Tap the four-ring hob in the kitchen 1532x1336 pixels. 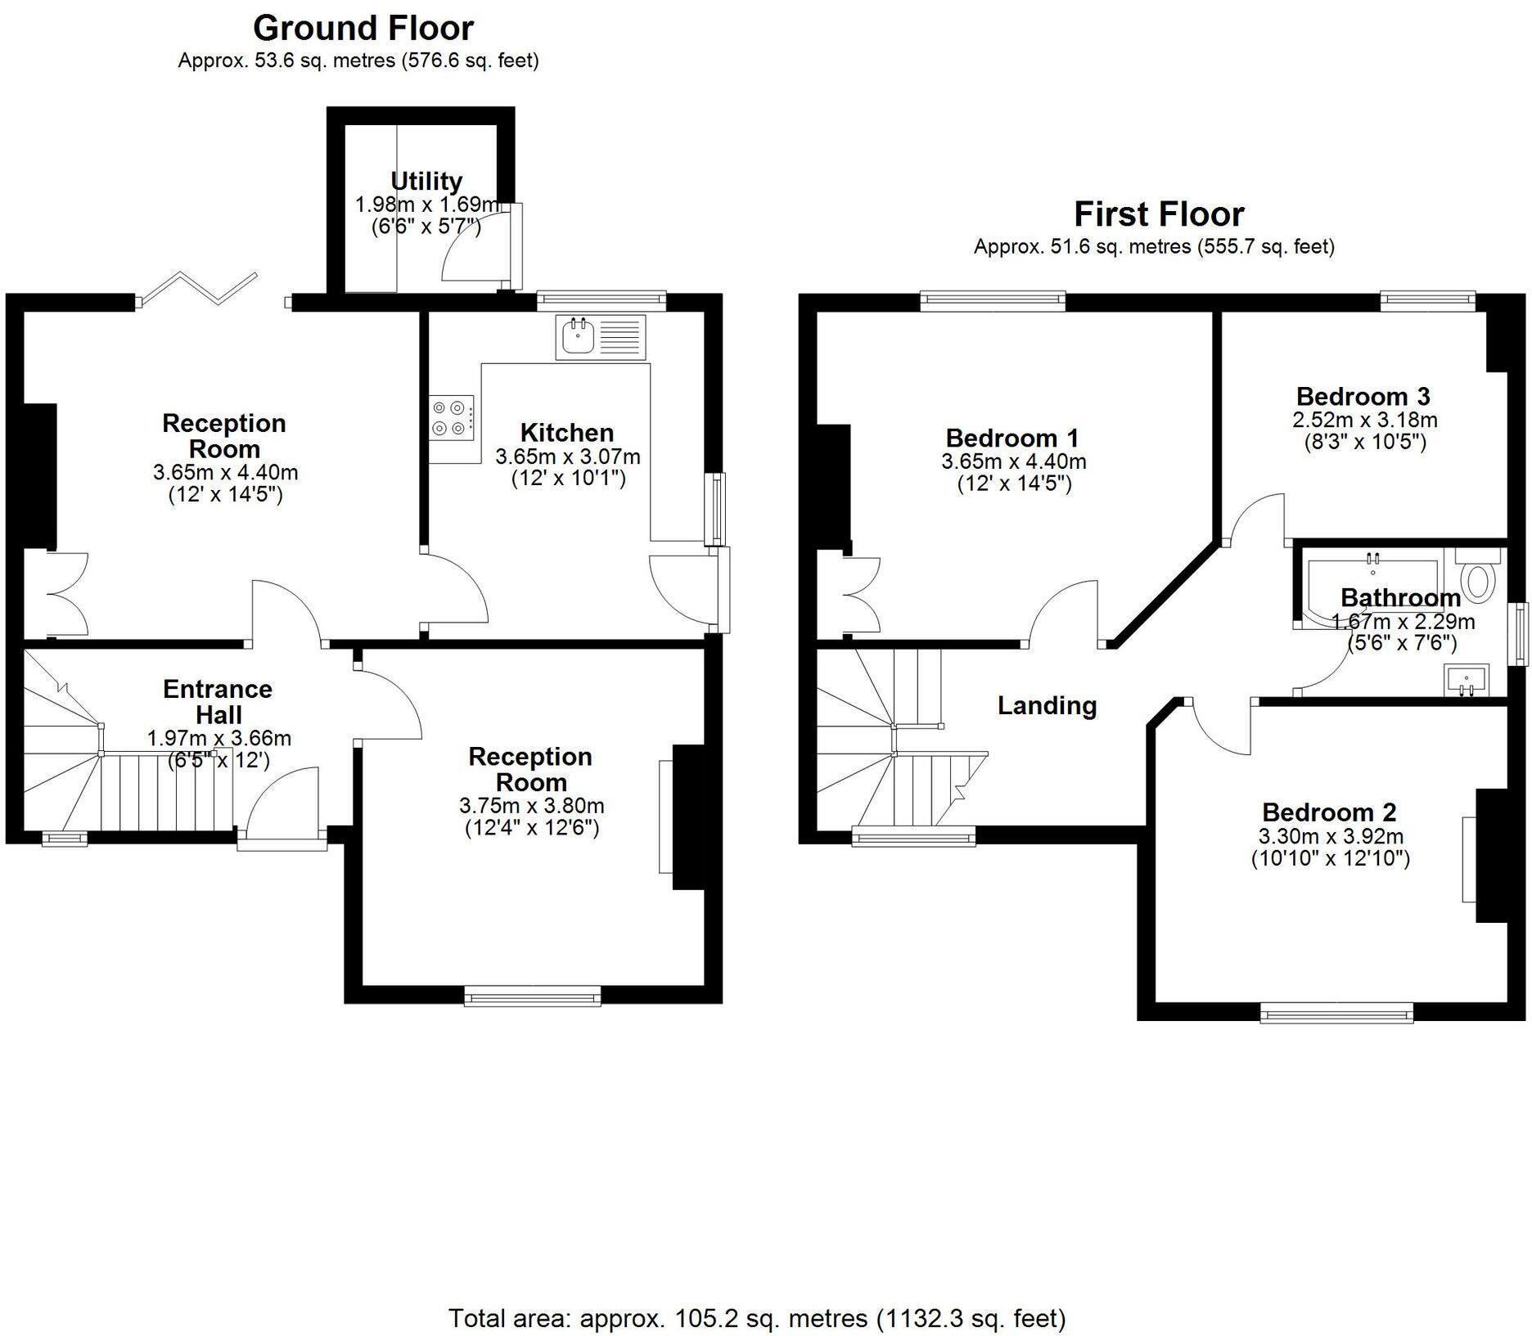(453, 416)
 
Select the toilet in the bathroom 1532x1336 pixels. (1478, 579)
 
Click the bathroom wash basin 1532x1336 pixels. (1466, 678)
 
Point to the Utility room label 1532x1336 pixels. (426, 181)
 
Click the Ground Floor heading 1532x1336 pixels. (363, 29)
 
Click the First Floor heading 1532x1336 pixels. (1158, 214)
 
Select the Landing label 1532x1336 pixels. (1047, 705)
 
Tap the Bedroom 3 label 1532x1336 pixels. (1363, 397)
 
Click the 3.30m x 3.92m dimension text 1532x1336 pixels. (1331, 836)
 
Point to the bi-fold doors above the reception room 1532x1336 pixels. (199, 289)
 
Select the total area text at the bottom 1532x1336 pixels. (757, 1318)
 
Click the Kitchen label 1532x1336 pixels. (566, 433)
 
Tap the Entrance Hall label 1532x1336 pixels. (218, 701)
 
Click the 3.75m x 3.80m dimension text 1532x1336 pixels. (531, 806)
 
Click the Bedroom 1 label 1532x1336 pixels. (1012, 438)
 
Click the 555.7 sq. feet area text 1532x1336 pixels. (1265, 246)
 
